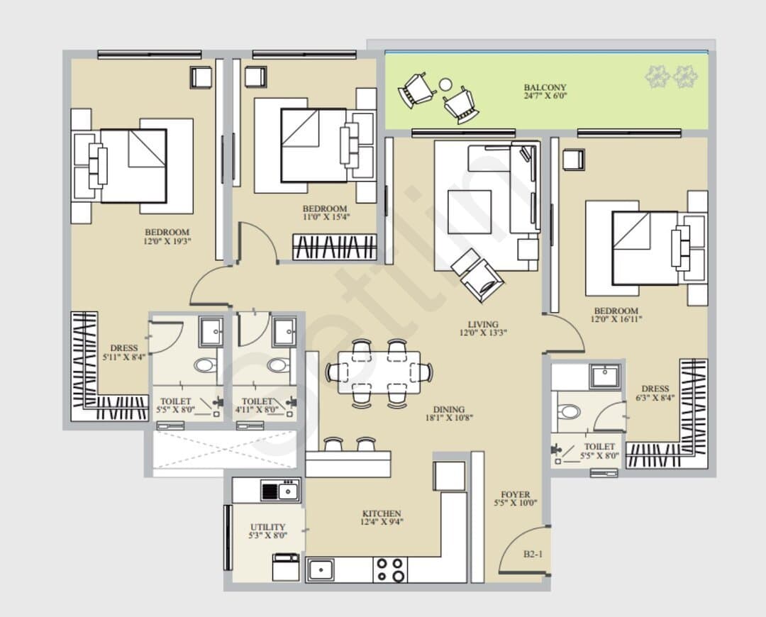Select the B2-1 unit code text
tap(533, 554)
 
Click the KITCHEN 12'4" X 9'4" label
tap(382, 517)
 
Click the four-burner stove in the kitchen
tap(390, 570)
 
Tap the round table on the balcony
tap(445, 84)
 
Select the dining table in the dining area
tap(379, 372)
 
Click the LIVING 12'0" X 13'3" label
tap(483, 328)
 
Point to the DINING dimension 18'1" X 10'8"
tap(449, 418)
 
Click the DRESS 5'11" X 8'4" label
tap(124, 352)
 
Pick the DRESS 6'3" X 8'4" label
tap(655, 393)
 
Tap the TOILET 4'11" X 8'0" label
tap(257, 406)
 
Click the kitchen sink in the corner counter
tap(321, 569)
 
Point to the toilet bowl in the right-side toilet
tap(570, 411)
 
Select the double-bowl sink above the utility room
tap(280, 491)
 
